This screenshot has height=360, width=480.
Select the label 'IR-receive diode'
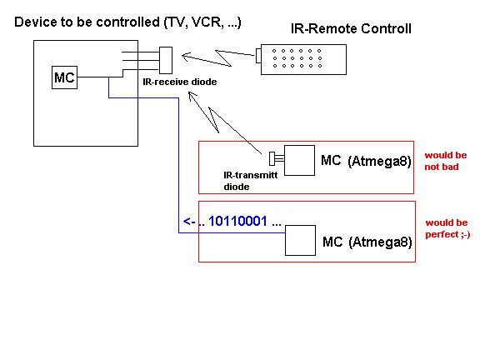[180, 82]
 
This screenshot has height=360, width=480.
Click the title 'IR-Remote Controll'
[351, 29]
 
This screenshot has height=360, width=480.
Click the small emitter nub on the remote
[258, 55]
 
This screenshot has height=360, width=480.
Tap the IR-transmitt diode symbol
[272, 159]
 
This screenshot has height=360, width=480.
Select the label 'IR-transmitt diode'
[250, 181]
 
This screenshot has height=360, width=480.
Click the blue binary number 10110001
[237, 221]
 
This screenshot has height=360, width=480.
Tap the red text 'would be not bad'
[445, 161]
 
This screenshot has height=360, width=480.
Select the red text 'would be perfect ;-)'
[447, 228]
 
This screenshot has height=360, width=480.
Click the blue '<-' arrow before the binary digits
[189, 222]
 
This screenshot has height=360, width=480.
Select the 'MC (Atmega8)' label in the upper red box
[366, 161]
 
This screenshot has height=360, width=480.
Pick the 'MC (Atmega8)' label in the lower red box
[367, 242]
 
